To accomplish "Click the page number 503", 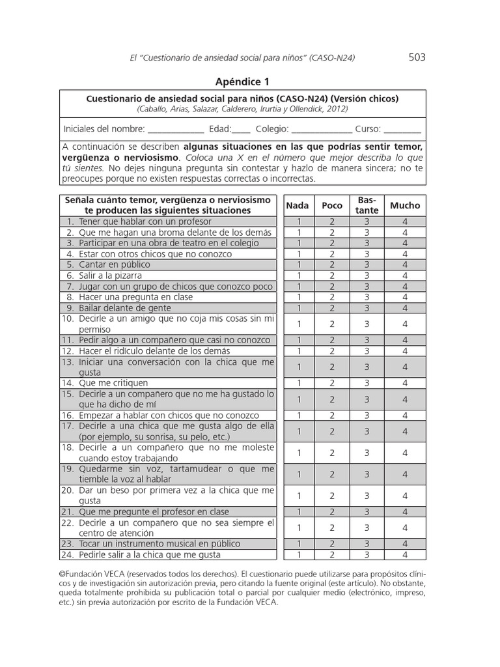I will [417, 57].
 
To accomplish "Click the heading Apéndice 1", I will [242, 81].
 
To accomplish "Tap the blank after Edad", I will [241, 129].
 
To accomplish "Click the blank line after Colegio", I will [323, 129].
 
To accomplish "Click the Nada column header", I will [298, 205].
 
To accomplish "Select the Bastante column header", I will [367, 205].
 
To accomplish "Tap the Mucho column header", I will [405, 205].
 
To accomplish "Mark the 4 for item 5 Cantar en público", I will [405, 264].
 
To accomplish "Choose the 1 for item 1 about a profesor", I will [299, 221].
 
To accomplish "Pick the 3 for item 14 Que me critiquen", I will [367, 383].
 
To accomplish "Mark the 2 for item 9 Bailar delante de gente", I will [332, 308].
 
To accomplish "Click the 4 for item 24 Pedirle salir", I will [405, 555].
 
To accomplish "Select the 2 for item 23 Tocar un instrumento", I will [332, 544].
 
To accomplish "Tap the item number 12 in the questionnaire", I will [68, 351].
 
